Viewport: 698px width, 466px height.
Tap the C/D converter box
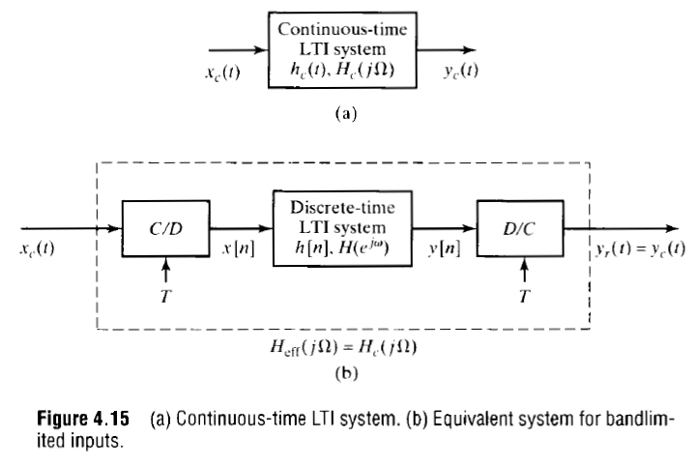165,229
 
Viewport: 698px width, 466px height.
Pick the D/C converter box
520,229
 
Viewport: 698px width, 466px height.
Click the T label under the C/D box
165,296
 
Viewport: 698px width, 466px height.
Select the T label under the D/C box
523,296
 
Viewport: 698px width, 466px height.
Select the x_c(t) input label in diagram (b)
35,248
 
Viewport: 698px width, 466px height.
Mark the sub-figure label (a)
345,113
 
